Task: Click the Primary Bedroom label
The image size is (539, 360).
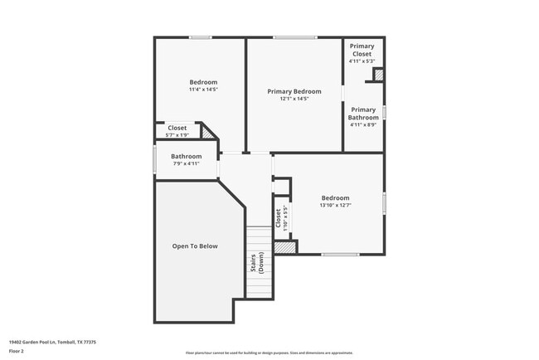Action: (x=294, y=91)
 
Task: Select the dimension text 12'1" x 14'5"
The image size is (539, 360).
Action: (x=294, y=99)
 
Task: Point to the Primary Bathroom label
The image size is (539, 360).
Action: (x=363, y=114)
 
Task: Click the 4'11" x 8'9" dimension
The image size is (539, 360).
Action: (x=363, y=125)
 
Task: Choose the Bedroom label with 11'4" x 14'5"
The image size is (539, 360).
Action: (x=203, y=82)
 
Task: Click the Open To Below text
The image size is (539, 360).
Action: (x=195, y=246)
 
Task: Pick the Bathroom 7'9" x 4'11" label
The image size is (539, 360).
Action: (x=186, y=156)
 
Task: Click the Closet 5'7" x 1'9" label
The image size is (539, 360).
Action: (x=177, y=128)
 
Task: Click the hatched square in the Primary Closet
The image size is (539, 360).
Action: (x=379, y=75)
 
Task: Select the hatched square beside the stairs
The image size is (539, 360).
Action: (x=285, y=247)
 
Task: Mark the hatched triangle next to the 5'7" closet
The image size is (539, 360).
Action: (x=207, y=133)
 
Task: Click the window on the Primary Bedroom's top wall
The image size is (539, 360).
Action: (x=295, y=37)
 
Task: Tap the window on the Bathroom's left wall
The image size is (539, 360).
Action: (x=154, y=159)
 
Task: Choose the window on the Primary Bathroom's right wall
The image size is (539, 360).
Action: (x=384, y=110)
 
